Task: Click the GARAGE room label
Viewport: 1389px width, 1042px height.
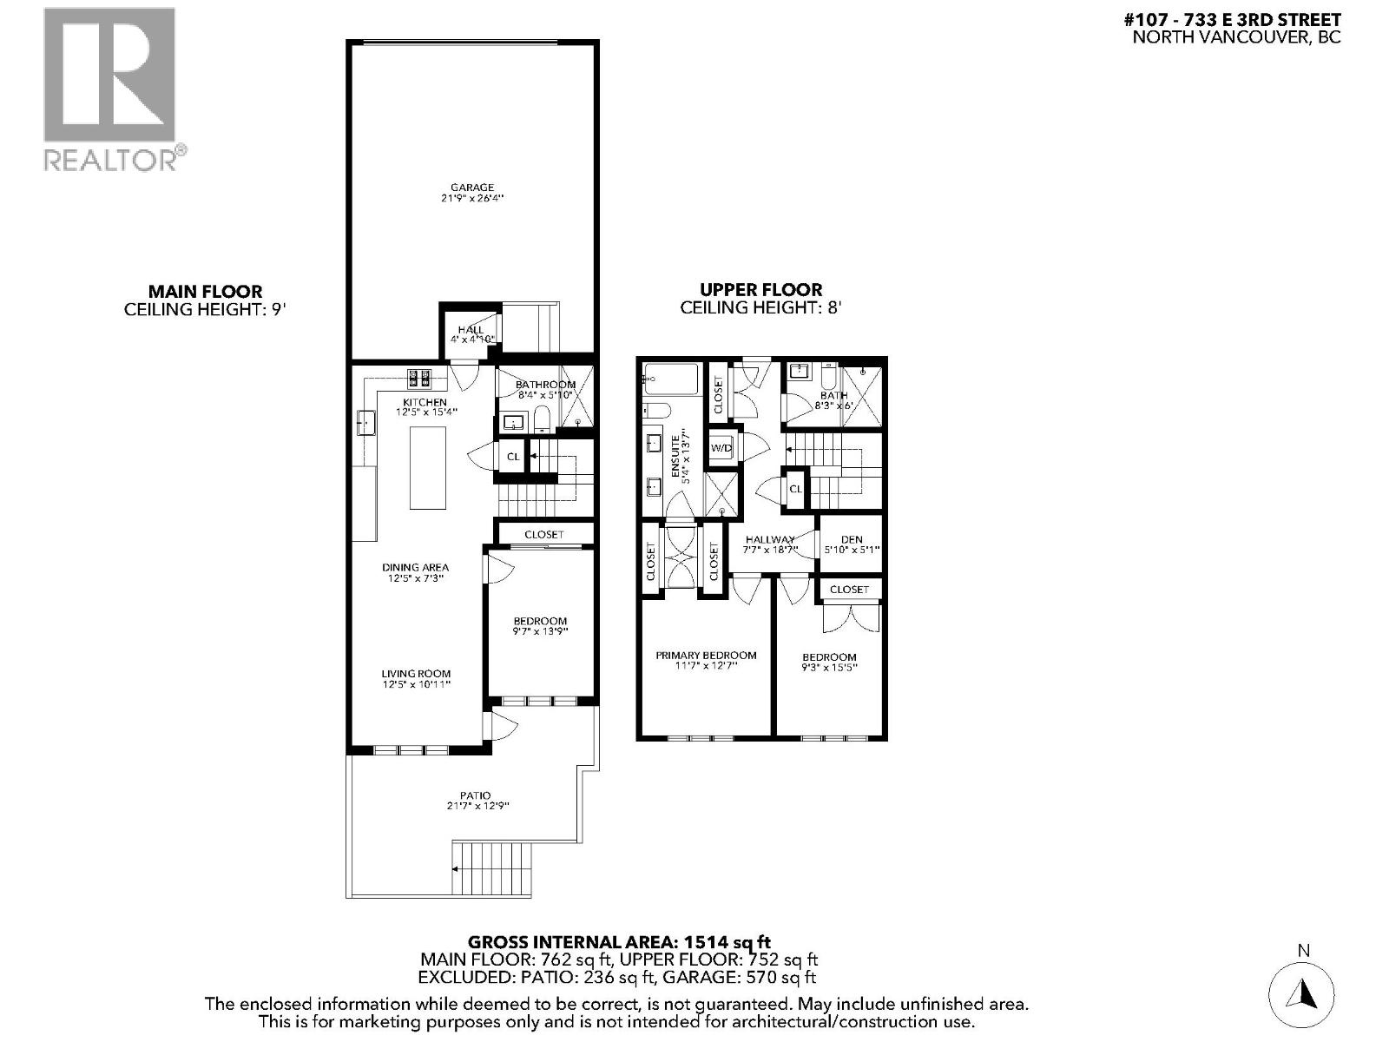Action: point(472,188)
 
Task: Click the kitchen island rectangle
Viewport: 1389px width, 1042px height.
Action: point(427,467)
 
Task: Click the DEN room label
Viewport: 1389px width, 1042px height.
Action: point(851,539)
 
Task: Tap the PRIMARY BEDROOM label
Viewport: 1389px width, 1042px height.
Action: point(706,656)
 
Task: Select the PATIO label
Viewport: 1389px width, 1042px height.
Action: point(475,795)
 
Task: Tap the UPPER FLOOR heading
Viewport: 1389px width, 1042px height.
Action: point(761,290)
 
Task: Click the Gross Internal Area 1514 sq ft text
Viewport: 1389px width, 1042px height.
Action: point(619,941)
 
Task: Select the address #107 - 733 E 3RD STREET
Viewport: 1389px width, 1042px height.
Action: point(1236,19)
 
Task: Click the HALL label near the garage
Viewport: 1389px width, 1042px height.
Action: point(471,330)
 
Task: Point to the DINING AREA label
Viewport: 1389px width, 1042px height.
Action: point(415,567)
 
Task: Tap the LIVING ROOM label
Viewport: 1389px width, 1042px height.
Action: point(416,674)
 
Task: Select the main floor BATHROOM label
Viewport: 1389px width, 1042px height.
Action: point(545,385)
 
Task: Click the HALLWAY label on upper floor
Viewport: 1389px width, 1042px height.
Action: point(770,539)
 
